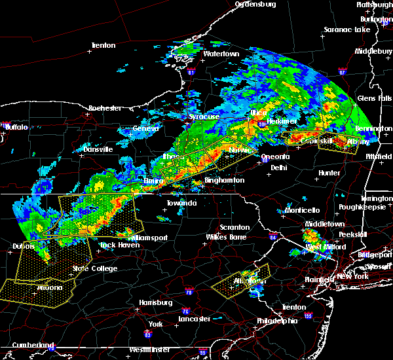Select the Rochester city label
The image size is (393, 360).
(105, 107)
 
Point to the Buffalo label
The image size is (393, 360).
(17, 126)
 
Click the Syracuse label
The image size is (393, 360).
(204, 117)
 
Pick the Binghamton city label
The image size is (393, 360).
(224, 180)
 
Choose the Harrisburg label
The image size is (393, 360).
(155, 302)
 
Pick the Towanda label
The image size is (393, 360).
(181, 204)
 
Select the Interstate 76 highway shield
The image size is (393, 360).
(189, 288)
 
